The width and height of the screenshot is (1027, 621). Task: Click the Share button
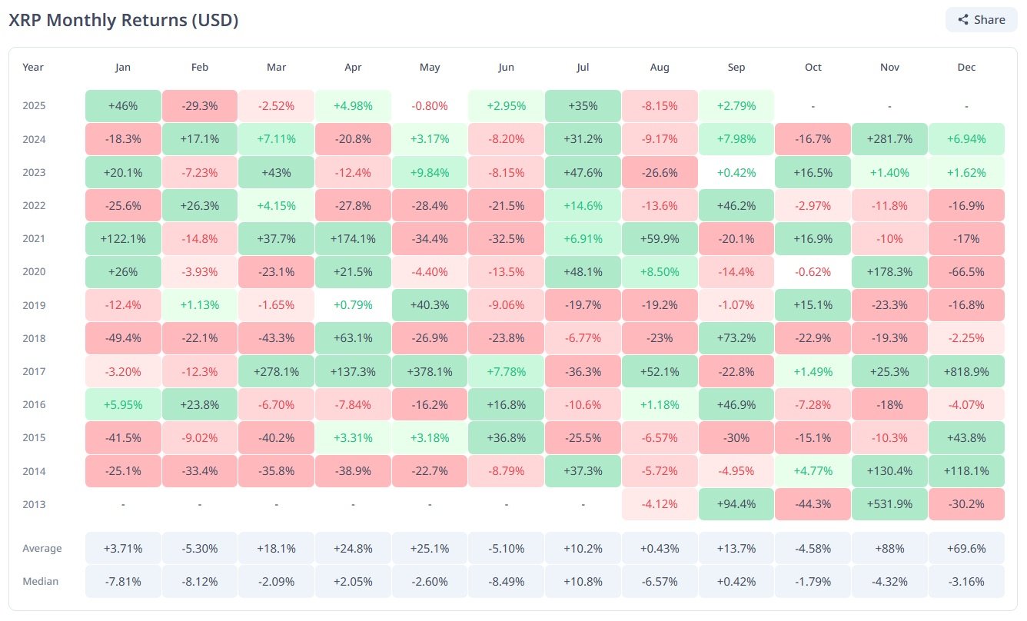pyautogui.click(x=982, y=20)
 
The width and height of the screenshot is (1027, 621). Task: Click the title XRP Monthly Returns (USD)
pyautogui.click(x=124, y=21)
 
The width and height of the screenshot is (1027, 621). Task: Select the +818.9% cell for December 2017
pyautogui.click(x=966, y=371)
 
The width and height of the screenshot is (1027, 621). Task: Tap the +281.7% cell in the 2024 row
pyautogui.click(x=889, y=139)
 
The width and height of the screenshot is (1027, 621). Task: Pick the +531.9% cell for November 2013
pyautogui.click(x=889, y=504)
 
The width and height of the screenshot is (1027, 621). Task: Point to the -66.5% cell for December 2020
pyautogui.click(x=966, y=272)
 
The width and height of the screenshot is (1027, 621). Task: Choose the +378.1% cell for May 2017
pyautogui.click(x=430, y=371)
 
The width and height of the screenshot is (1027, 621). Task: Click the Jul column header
pyautogui.click(x=583, y=67)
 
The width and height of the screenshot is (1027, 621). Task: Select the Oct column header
pyautogui.click(x=813, y=67)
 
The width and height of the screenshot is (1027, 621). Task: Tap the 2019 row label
pyautogui.click(x=34, y=305)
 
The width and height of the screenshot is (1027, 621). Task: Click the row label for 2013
pyautogui.click(x=34, y=504)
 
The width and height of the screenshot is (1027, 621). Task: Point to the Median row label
pyautogui.click(x=40, y=581)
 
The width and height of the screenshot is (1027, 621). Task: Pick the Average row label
pyautogui.click(x=42, y=549)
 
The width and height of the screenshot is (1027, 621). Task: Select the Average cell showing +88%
pyautogui.click(x=889, y=549)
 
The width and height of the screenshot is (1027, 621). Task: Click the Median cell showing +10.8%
pyautogui.click(x=583, y=581)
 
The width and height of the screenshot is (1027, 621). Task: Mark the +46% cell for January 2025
pyautogui.click(x=123, y=105)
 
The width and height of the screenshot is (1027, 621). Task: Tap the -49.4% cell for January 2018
pyautogui.click(x=123, y=338)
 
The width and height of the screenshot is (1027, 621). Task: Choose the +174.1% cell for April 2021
pyautogui.click(x=353, y=239)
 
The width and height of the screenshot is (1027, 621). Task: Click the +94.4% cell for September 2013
pyautogui.click(x=736, y=504)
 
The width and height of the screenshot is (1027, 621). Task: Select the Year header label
pyautogui.click(x=33, y=67)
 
